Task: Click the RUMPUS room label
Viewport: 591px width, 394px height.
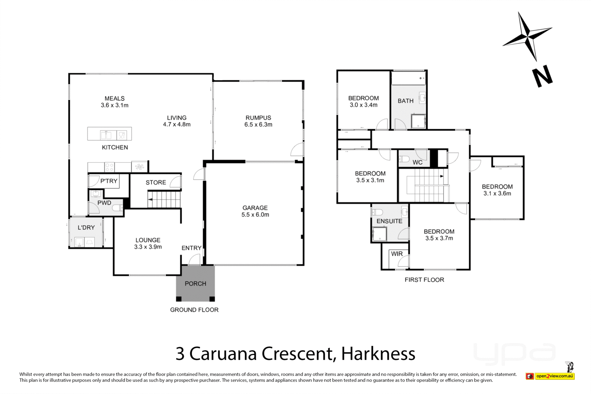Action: tap(258, 118)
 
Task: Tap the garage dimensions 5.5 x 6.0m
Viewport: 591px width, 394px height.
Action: tap(255, 215)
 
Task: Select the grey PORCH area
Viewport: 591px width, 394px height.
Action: tap(195, 284)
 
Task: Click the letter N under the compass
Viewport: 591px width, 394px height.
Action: tap(542, 77)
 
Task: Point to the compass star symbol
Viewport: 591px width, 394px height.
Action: tap(527, 36)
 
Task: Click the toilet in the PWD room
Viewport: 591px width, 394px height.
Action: tap(117, 208)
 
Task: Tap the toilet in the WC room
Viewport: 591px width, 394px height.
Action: tap(404, 160)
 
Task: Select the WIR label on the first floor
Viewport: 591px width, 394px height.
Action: tap(397, 254)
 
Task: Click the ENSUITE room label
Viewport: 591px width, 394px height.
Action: tap(389, 221)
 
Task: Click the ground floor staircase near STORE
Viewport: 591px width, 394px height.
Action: tap(164, 199)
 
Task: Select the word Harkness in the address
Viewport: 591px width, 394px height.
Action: tap(378, 354)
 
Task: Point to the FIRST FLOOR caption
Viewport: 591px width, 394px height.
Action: tap(424, 280)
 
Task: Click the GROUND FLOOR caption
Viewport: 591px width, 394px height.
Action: tap(194, 310)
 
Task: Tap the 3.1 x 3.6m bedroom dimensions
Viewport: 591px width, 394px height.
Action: tap(497, 193)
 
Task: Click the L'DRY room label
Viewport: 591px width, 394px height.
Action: tap(86, 227)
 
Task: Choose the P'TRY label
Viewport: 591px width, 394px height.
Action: tap(109, 181)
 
